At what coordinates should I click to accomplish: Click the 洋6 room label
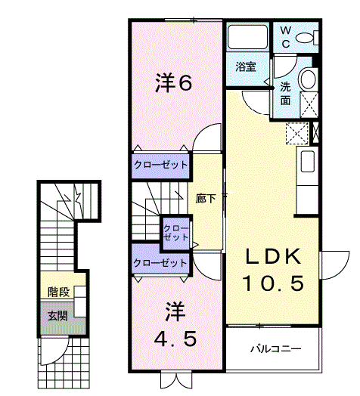tap(174, 82)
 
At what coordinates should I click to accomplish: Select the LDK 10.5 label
tap(273, 270)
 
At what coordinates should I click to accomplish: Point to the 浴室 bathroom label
tap(246, 67)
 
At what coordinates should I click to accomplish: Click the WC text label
tap(285, 37)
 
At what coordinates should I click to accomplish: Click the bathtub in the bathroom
tap(247, 37)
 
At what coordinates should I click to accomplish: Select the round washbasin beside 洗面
tap(308, 79)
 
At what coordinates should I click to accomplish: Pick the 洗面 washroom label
tap(285, 94)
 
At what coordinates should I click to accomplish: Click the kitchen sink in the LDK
tap(307, 162)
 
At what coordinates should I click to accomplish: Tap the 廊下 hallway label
tap(206, 199)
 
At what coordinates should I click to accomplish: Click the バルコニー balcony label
tap(276, 349)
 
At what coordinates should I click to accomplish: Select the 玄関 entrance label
tap(58, 316)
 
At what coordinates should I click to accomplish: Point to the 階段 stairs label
tap(58, 292)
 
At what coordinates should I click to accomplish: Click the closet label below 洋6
tap(160, 165)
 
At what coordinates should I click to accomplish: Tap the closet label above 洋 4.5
tap(160, 263)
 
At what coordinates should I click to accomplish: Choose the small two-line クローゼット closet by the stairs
tap(176, 233)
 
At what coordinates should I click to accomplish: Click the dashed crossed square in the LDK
tap(297, 133)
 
